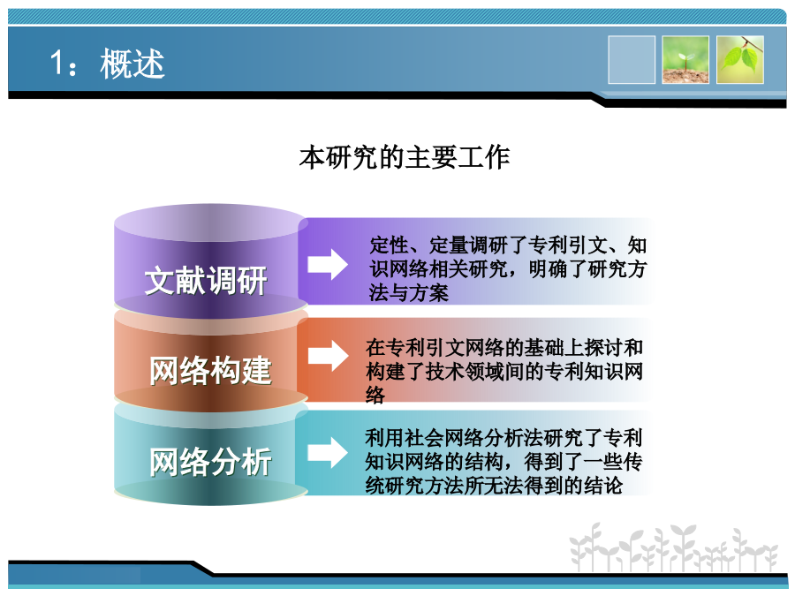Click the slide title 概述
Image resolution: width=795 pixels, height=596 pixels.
pyautogui.click(x=132, y=64)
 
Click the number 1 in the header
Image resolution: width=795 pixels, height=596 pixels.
pyautogui.click(x=57, y=63)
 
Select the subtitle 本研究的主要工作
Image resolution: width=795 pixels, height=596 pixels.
pyautogui.click(x=404, y=157)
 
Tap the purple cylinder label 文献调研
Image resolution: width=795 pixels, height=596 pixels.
pyautogui.click(x=206, y=280)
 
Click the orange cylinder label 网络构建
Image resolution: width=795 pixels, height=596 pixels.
pyautogui.click(x=210, y=371)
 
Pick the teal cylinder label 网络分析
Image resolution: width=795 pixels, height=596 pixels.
pyautogui.click(x=210, y=461)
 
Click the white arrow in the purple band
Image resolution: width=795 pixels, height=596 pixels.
pyautogui.click(x=328, y=264)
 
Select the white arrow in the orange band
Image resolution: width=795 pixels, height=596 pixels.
pyautogui.click(x=328, y=356)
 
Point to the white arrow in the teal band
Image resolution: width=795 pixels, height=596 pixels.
pyautogui.click(x=328, y=452)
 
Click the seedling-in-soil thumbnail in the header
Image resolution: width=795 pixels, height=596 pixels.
pyautogui.click(x=685, y=60)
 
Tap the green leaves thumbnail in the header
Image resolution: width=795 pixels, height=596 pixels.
pyautogui.click(x=740, y=60)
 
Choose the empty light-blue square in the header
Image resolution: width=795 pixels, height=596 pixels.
pyautogui.click(x=632, y=60)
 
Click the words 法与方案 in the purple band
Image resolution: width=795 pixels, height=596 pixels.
pyautogui.click(x=409, y=293)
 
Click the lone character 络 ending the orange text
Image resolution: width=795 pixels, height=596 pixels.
pyautogui.click(x=375, y=395)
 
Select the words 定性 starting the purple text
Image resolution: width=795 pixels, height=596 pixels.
pyautogui.click(x=389, y=245)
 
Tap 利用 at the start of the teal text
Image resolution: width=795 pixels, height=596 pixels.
pyautogui.click(x=385, y=437)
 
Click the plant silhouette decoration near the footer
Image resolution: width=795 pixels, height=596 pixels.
pyautogui.click(x=673, y=547)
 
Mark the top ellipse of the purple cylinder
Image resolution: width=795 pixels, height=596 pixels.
pyautogui.click(x=211, y=223)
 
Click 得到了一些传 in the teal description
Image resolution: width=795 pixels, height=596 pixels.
pyautogui.click(x=583, y=461)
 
